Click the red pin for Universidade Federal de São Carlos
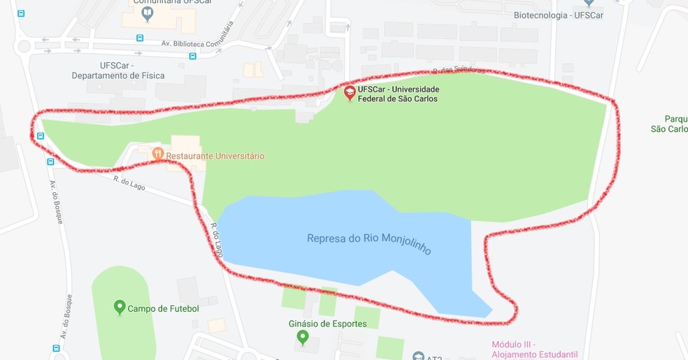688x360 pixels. coord(350,92)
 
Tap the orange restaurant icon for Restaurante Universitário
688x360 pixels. coord(158,152)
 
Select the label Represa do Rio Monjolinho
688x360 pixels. coord(368,242)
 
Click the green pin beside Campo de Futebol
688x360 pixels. coord(120,307)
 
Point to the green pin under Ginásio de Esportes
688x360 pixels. coord(302,338)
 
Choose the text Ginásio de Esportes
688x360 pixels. coord(327,324)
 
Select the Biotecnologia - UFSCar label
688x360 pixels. coord(558,15)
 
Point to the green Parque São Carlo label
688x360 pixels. coord(669,124)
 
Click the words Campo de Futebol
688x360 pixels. coord(163,308)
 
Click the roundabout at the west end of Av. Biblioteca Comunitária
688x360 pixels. coord(24,47)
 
